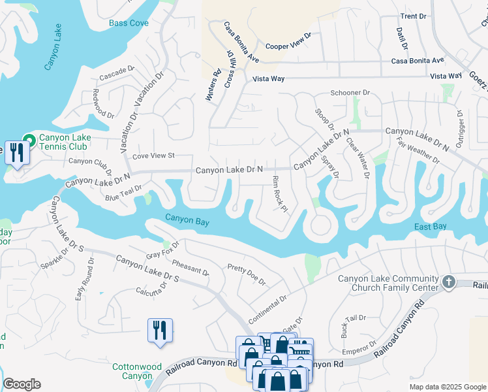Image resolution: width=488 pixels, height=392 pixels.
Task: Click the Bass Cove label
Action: (x=129, y=23)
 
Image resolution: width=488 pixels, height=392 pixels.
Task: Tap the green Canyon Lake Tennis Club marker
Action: (x=29, y=140)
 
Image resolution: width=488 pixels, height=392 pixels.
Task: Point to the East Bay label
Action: (x=431, y=226)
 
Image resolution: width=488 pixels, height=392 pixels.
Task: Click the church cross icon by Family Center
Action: (x=448, y=282)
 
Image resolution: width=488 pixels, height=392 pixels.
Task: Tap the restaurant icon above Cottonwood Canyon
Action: (x=160, y=330)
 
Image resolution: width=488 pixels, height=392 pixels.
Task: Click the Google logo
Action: (x=22, y=384)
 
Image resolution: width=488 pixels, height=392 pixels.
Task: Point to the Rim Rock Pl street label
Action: (x=279, y=194)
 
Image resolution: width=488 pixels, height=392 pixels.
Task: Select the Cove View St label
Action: (x=154, y=155)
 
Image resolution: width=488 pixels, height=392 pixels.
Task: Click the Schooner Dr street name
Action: (x=350, y=93)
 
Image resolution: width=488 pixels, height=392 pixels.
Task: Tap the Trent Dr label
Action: (x=413, y=16)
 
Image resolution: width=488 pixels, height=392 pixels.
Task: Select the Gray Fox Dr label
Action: (x=162, y=248)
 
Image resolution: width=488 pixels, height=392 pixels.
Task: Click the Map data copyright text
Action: (x=448, y=387)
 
